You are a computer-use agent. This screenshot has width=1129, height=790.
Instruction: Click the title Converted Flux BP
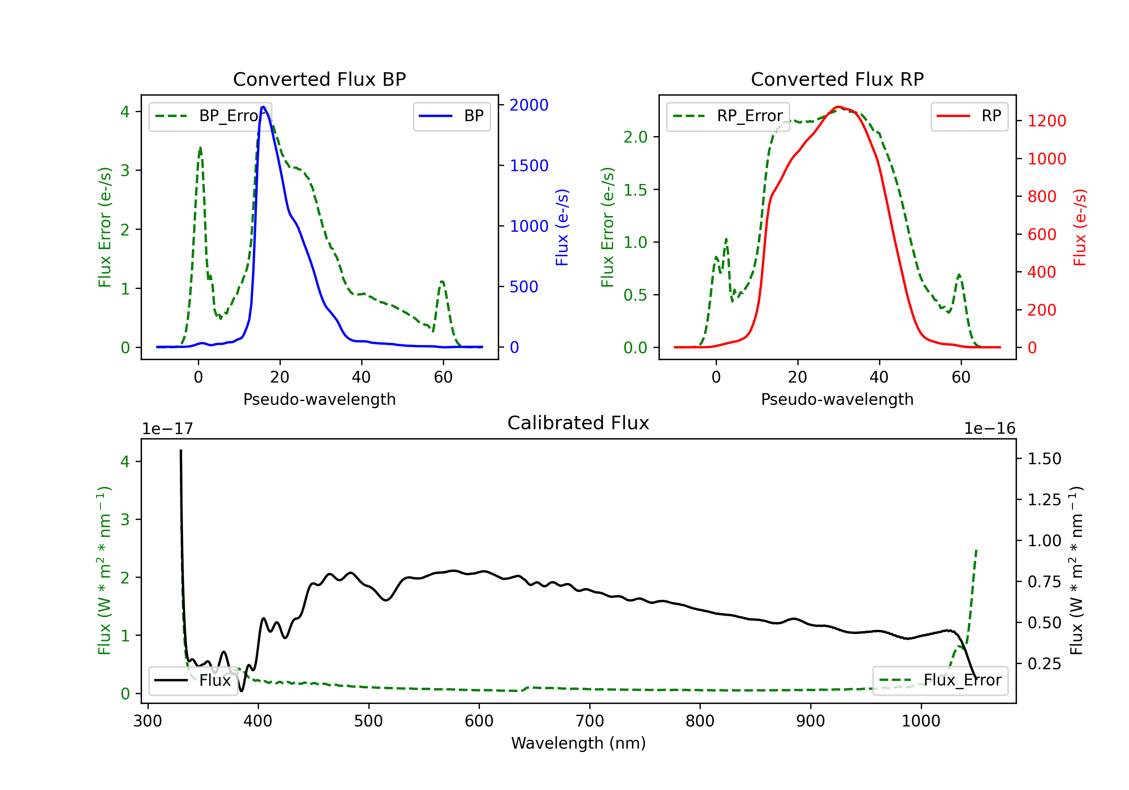pos(319,79)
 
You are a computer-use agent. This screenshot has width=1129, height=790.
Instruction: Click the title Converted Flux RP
pos(837,79)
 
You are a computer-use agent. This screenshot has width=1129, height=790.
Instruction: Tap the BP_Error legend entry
pos(210,116)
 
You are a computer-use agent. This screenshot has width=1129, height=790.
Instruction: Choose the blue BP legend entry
pos(451,116)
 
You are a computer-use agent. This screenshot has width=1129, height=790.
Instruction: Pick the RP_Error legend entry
pos(728,116)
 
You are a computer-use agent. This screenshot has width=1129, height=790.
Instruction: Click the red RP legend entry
pos(969,116)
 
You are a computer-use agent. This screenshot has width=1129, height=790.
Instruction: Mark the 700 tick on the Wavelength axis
pos(589,721)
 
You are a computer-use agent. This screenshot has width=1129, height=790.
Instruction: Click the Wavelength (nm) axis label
pos(578,743)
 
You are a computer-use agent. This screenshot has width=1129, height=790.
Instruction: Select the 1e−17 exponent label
pos(167,429)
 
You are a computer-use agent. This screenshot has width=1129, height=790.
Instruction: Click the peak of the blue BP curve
pos(263,107)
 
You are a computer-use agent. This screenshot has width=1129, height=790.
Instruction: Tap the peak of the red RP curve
pos(838,107)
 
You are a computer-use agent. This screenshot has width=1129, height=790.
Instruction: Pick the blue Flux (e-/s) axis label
pos(562,227)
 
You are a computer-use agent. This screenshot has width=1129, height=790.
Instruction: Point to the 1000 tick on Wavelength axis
pos(921,721)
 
